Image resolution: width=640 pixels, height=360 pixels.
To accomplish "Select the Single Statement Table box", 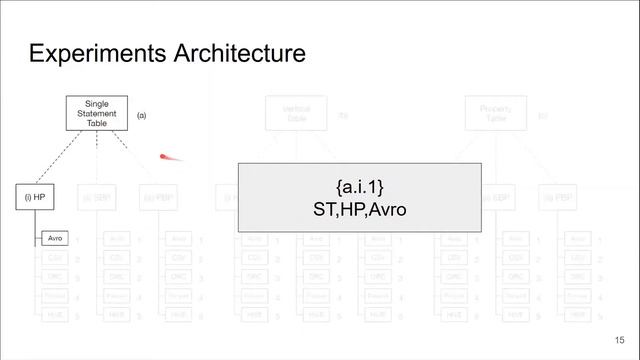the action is click(x=97, y=113).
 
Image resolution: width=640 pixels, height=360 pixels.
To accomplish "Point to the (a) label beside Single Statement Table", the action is click(x=142, y=116).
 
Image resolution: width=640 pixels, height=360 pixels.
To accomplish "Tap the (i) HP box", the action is click(x=34, y=197).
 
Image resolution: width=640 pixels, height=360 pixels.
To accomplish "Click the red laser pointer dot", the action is click(x=166, y=156).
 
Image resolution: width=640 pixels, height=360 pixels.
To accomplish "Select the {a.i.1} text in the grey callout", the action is click(x=359, y=188).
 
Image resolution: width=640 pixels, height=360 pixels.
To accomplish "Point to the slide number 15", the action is click(x=620, y=341).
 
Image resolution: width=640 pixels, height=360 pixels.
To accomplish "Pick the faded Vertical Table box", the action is click(x=297, y=113).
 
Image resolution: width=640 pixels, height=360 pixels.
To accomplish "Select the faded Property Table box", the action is click(x=497, y=113).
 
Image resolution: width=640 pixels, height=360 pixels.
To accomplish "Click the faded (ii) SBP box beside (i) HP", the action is click(x=97, y=197).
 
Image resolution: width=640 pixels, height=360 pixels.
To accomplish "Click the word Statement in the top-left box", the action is click(x=97, y=113).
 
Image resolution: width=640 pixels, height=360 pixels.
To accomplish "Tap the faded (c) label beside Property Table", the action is click(x=543, y=116).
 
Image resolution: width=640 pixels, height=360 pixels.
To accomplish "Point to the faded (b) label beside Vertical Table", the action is click(x=342, y=116).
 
